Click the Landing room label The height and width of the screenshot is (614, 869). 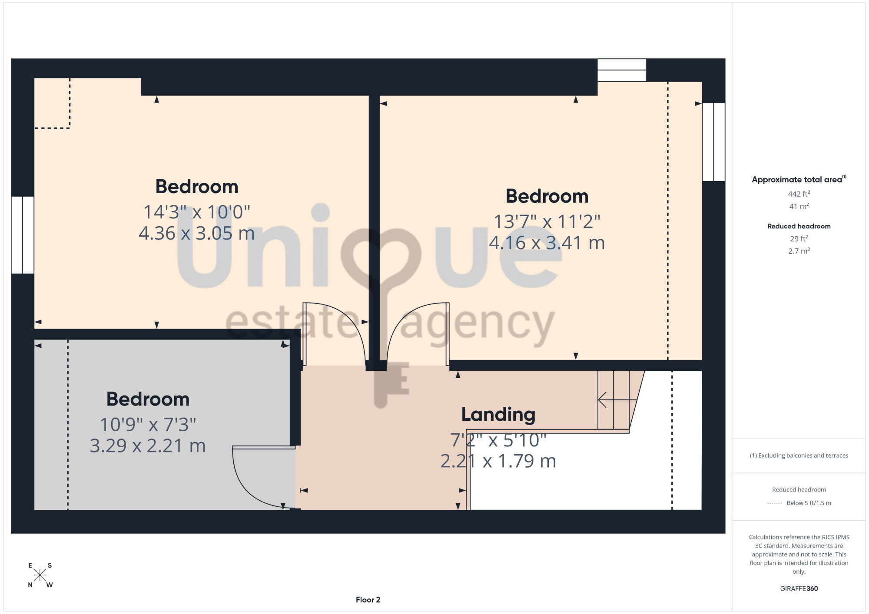tap(498, 415)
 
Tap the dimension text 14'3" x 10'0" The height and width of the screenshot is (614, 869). tap(197, 212)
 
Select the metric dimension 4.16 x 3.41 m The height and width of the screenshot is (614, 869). tap(547, 243)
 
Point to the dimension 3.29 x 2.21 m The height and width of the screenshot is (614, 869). tap(148, 446)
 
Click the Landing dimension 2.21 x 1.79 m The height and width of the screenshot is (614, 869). tap(498, 461)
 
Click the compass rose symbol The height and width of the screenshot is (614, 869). tap(40, 575)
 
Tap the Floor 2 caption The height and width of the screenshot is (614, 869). tap(368, 600)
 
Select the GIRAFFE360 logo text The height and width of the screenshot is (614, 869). tap(799, 589)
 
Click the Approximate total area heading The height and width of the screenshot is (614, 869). tap(799, 179)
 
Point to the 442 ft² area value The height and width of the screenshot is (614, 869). tap(799, 194)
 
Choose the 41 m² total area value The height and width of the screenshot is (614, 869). tap(799, 206)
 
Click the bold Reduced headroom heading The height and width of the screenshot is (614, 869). tap(799, 226)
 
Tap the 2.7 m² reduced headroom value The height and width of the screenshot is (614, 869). tap(799, 251)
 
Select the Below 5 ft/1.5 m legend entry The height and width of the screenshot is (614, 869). tap(809, 503)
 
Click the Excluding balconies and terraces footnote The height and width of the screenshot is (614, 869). tap(799, 456)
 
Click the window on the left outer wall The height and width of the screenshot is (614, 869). tap(23, 235)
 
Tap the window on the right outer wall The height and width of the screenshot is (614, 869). tap(713, 142)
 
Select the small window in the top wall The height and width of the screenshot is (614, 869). tap(622, 70)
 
